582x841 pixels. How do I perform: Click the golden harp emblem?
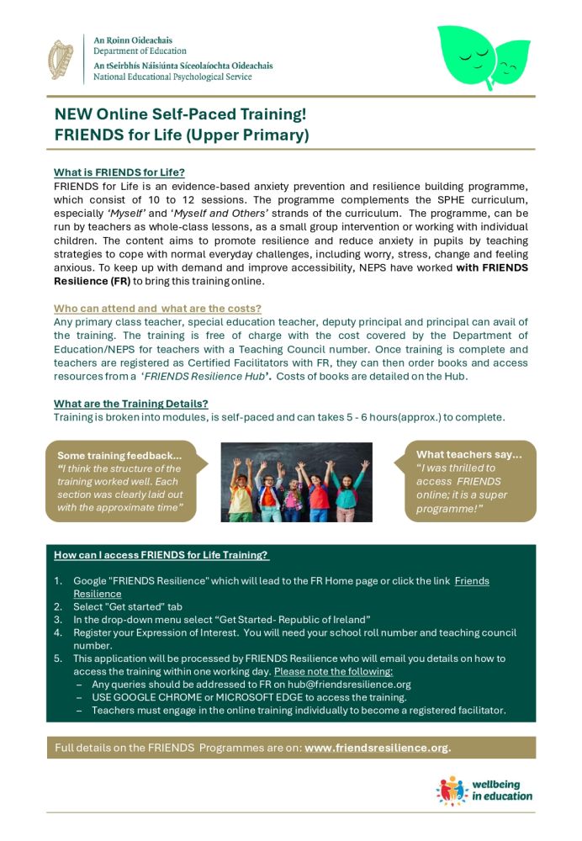coord(61,59)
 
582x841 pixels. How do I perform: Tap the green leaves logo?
coord(484,58)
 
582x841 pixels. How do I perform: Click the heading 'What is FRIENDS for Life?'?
coord(119,172)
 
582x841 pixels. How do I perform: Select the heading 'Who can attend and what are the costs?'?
coord(157,309)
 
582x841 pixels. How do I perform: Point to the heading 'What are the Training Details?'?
coord(131,403)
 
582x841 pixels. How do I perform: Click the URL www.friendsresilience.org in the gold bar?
coord(378,748)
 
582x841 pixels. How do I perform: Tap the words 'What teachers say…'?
coord(469,455)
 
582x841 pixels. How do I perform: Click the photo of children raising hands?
coord(296,482)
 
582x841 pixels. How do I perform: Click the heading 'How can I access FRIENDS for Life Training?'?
coord(161,555)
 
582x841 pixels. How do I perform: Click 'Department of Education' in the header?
coord(140,50)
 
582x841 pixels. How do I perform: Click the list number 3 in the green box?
coord(58,619)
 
